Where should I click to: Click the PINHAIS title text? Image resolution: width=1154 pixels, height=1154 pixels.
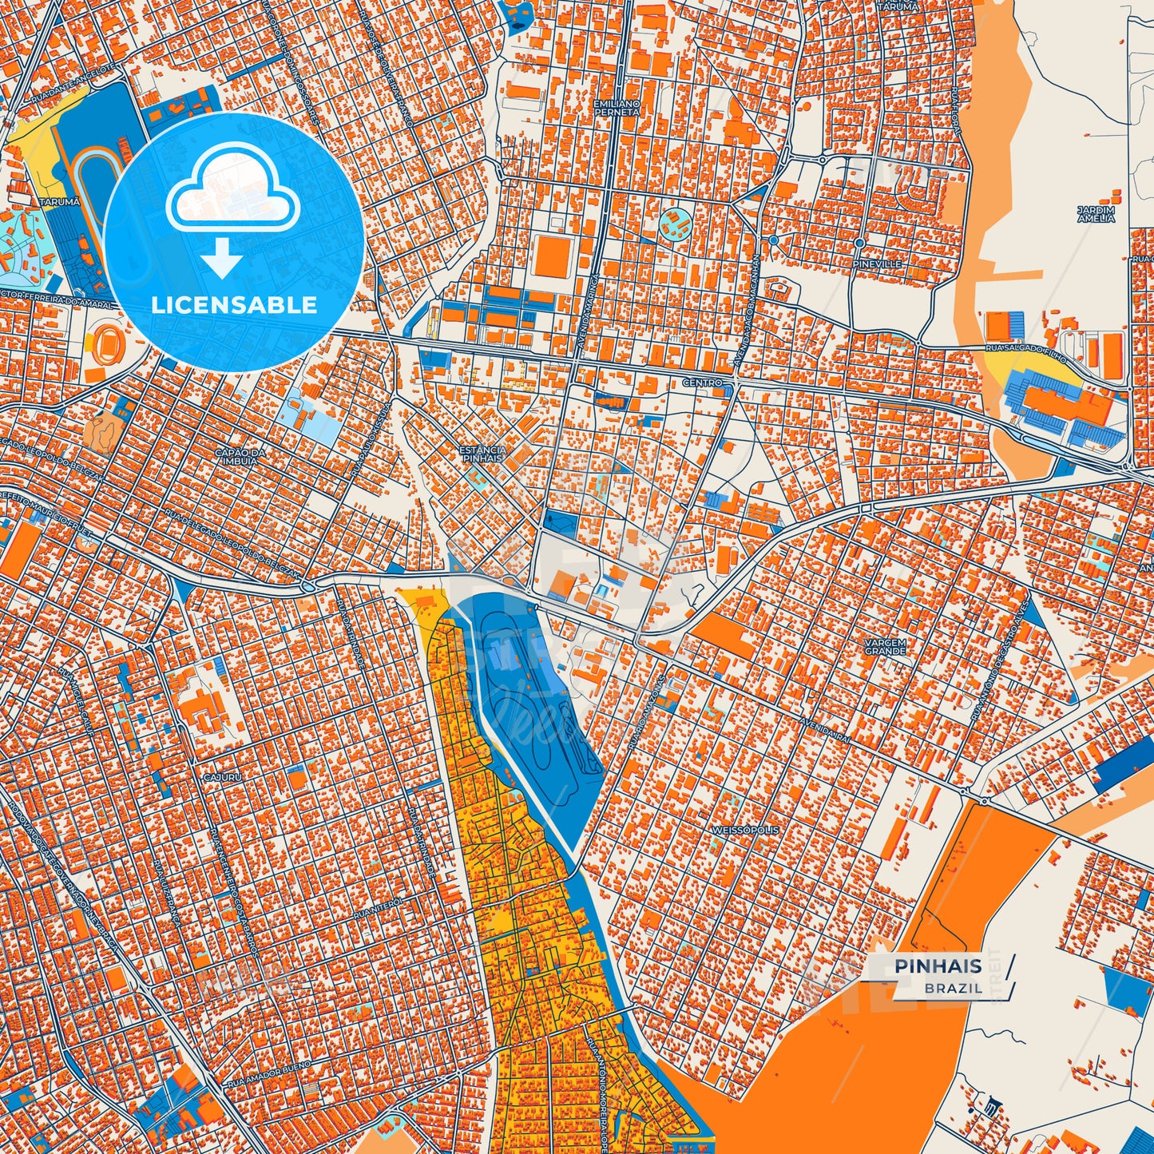point(938,966)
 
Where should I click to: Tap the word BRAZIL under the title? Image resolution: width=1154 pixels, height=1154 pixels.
point(954,988)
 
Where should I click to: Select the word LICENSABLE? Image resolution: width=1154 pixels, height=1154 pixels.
point(234,305)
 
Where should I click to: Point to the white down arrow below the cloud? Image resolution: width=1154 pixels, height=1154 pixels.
point(222,257)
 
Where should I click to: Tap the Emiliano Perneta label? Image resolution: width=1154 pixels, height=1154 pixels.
point(617,108)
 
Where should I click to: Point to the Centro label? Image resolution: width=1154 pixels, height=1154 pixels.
point(702,383)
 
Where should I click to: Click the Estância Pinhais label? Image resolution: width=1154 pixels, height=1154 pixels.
point(482,454)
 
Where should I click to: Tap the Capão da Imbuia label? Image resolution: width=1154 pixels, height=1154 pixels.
point(236,456)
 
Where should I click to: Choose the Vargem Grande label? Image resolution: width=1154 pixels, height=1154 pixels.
point(885,646)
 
